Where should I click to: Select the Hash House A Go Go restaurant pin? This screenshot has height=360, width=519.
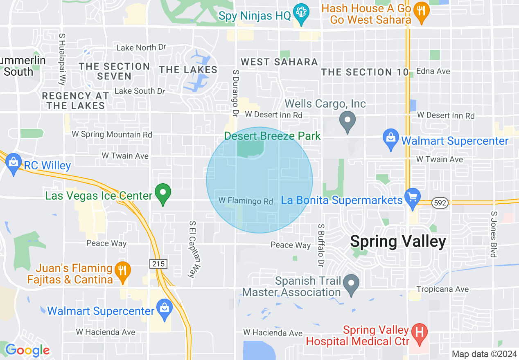click(x=421, y=12)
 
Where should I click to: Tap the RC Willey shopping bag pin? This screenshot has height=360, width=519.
click(x=14, y=164)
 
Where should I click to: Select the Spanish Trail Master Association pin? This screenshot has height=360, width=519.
click(x=351, y=285)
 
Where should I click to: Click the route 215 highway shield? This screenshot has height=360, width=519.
click(x=158, y=264)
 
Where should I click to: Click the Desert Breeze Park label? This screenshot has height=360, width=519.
click(x=272, y=136)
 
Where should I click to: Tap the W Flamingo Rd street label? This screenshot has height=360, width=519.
click(x=246, y=201)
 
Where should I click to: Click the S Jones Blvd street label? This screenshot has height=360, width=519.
click(x=494, y=234)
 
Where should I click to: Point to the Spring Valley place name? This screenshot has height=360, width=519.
click(x=398, y=241)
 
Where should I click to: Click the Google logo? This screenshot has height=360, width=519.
click(x=27, y=351)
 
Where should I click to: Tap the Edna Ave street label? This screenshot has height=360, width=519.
click(x=433, y=71)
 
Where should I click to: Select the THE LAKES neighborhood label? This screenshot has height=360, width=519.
click(x=188, y=70)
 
